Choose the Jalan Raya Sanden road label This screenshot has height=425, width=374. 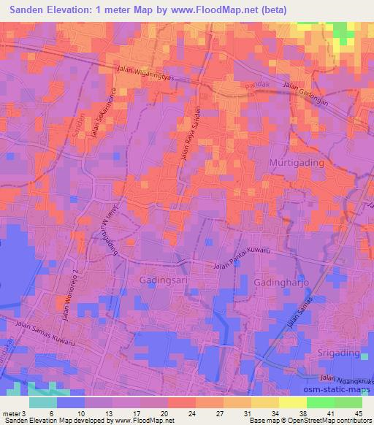pos(189,131)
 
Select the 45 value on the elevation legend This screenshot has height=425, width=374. pos(357,413)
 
